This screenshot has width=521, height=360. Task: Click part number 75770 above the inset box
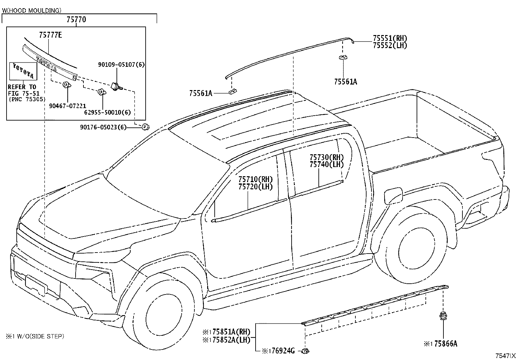point(76,19)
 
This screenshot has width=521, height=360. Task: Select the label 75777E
point(50,35)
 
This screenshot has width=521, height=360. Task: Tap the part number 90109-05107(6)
point(121,65)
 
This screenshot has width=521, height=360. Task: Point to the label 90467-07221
point(67,106)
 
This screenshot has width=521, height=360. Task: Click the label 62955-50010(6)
point(107,112)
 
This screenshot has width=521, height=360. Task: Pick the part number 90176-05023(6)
point(103,127)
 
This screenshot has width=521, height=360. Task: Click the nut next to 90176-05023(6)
point(146,127)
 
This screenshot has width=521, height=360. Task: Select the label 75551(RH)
point(390,38)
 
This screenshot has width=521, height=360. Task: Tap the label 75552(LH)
point(390,45)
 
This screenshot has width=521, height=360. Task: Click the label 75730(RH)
point(327,157)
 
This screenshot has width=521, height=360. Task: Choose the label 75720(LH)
point(255,186)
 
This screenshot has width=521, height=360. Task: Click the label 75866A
point(446,344)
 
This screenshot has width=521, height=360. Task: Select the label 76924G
point(283,351)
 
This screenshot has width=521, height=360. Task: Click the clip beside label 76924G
point(305,351)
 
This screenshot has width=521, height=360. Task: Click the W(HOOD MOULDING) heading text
point(32,10)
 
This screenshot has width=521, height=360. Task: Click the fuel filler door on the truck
point(394,196)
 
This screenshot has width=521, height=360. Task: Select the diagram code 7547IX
point(505,355)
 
